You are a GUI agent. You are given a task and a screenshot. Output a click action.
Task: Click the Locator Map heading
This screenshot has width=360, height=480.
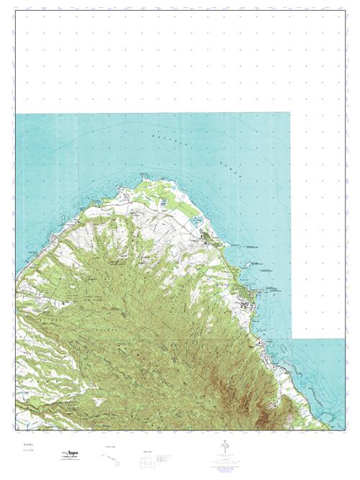click(x=111, y=446)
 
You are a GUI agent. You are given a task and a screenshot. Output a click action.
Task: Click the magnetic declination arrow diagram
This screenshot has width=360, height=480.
click(x=225, y=449)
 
